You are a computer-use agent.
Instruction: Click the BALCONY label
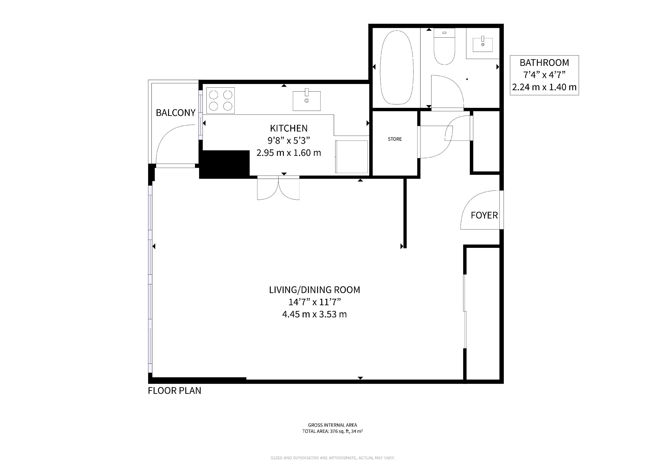175,113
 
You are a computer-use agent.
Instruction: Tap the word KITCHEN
289,128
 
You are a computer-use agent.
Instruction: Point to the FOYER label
484,215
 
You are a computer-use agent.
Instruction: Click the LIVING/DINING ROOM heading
315,290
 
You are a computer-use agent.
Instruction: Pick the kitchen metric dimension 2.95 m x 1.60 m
289,153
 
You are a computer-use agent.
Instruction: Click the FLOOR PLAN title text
174,391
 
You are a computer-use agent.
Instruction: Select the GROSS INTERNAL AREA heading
332,425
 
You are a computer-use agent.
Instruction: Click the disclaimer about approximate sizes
332,458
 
